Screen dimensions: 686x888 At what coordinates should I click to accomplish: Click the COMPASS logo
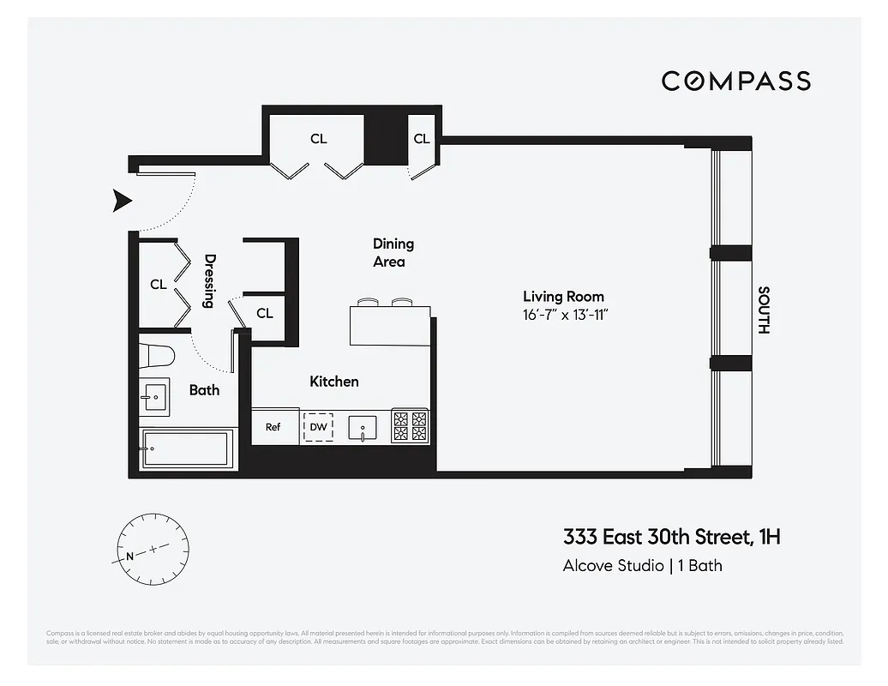[x=735, y=81]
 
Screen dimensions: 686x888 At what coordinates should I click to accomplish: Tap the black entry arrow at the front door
[x=123, y=202]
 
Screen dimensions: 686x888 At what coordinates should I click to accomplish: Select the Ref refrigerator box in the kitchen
[x=273, y=426]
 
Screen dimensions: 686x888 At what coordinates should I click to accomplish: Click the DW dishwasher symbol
[x=318, y=426]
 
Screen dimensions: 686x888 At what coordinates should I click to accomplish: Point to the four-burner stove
[x=411, y=426]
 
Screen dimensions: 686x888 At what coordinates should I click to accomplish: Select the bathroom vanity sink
[x=157, y=395]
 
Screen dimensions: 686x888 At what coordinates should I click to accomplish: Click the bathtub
[x=188, y=448]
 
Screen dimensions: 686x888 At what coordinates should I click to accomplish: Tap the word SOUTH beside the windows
[x=764, y=310]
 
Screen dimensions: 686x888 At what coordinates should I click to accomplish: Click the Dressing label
[x=208, y=280]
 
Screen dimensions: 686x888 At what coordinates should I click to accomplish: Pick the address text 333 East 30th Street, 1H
[x=671, y=538]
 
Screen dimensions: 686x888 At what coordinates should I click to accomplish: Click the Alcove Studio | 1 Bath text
[x=642, y=565]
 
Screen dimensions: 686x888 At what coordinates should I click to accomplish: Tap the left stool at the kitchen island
[x=368, y=302]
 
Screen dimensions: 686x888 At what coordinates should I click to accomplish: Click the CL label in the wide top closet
[x=318, y=139]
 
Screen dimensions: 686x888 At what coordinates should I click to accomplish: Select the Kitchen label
[x=333, y=382]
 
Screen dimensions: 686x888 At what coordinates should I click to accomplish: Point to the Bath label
[x=204, y=390]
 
